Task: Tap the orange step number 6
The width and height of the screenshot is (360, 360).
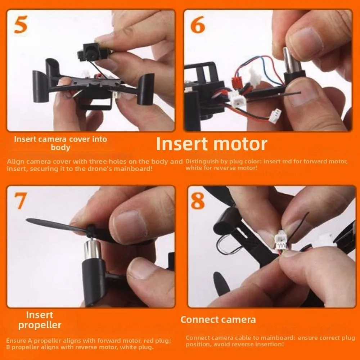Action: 198,25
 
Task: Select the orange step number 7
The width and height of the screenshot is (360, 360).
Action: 21,202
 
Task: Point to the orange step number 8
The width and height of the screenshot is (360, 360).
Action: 198,202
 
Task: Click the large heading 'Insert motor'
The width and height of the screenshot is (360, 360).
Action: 211,144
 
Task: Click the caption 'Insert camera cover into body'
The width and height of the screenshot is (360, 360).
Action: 60,143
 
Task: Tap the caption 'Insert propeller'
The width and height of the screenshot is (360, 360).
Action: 40,320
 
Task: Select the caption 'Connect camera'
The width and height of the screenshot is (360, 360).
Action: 218,319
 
